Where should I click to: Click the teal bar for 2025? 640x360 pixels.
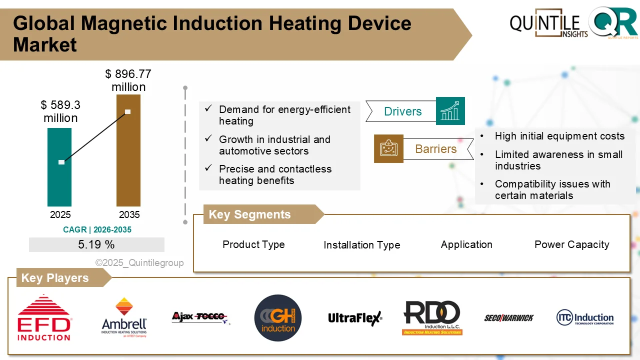tap(59, 180)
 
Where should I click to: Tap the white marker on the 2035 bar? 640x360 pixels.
tap(128, 111)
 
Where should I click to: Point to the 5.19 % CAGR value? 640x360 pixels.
tap(96, 244)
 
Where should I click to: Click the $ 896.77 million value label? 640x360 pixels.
tap(128, 80)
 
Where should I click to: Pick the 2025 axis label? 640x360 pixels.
tap(60, 215)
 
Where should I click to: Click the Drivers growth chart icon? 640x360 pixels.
tap(450, 111)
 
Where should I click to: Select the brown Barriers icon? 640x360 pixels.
tap(388, 148)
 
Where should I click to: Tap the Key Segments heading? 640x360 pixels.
tap(250, 214)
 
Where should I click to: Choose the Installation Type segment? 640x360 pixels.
tap(361, 245)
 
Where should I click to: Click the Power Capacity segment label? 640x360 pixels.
tap(571, 244)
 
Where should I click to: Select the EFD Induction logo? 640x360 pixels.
tap(44, 318)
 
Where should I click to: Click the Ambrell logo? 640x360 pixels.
tap(124, 318)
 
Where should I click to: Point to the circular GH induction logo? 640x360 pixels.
tap(278, 318)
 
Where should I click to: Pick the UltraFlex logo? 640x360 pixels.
tap(355, 318)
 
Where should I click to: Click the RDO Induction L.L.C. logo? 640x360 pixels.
tap(432, 318)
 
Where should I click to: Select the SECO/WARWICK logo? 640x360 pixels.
tap(508, 318)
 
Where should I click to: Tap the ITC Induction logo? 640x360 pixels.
tap(584, 318)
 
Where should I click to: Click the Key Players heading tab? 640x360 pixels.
tap(55, 278)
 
